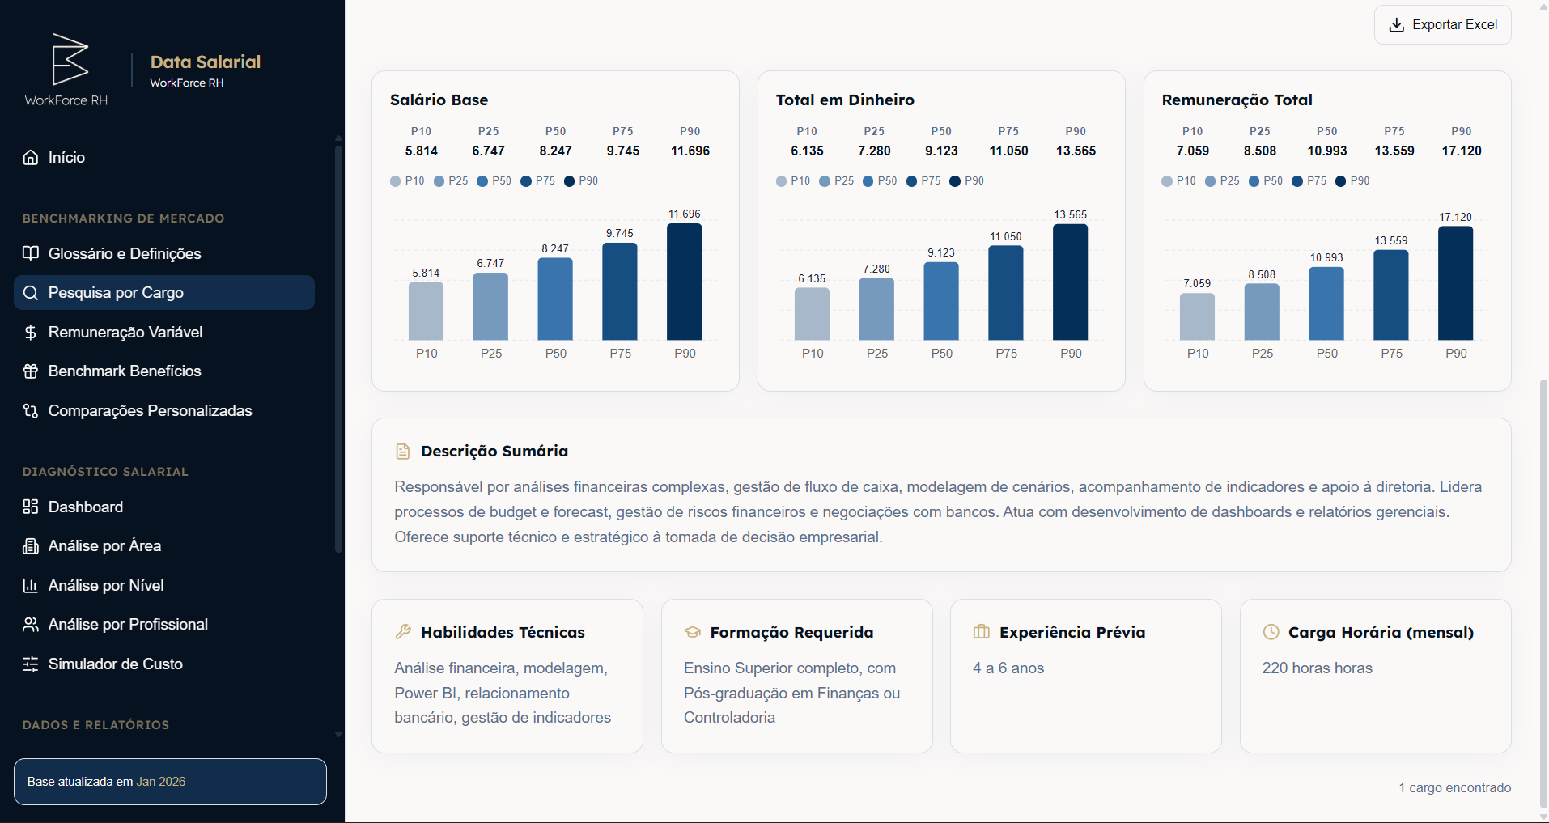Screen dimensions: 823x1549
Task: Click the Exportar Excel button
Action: click(1442, 25)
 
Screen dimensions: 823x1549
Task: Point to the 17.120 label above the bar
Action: click(1455, 217)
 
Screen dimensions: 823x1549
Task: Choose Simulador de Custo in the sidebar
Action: click(115, 664)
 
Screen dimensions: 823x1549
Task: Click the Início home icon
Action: click(31, 158)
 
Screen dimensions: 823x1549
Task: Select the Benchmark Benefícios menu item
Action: click(125, 371)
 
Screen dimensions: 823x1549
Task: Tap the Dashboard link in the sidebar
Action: click(85, 507)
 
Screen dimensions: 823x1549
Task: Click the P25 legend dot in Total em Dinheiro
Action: click(825, 181)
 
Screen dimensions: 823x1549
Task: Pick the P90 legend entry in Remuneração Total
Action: click(1352, 181)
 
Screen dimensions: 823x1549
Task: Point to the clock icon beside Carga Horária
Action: click(1271, 632)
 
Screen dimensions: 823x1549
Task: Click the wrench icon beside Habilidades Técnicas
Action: click(403, 632)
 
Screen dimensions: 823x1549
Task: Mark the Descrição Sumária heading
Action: click(494, 452)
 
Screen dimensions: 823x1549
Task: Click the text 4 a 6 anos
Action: click(1008, 668)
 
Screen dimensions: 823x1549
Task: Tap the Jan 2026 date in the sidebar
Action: click(161, 782)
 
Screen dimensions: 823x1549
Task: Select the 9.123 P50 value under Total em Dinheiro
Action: click(941, 151)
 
